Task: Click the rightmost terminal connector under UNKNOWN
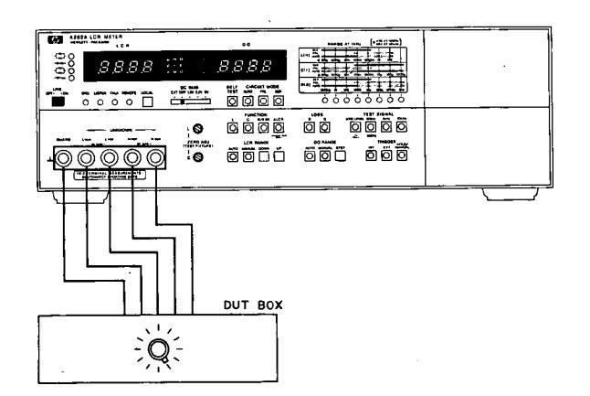155,157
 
